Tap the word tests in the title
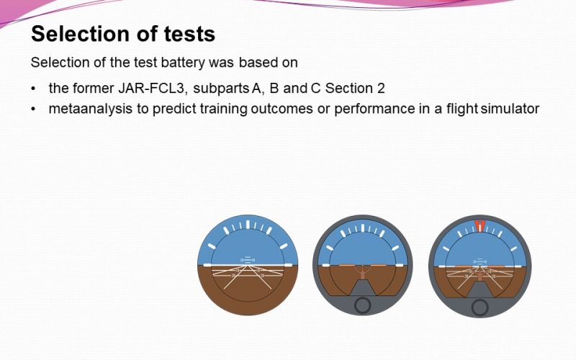[x=189, y=34]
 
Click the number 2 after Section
[x=381, y=89]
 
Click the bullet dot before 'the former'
[x=34, y=89]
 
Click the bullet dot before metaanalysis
[x=34, y=109]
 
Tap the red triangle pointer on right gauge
[x=480, y=225]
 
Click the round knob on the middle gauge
[x=362, y=305]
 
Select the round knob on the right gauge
[x=480, y=307]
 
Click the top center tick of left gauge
[x=248, y=225]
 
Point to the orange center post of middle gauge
[x=362, y=274]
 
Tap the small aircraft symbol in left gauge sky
[x=248, y=260]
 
